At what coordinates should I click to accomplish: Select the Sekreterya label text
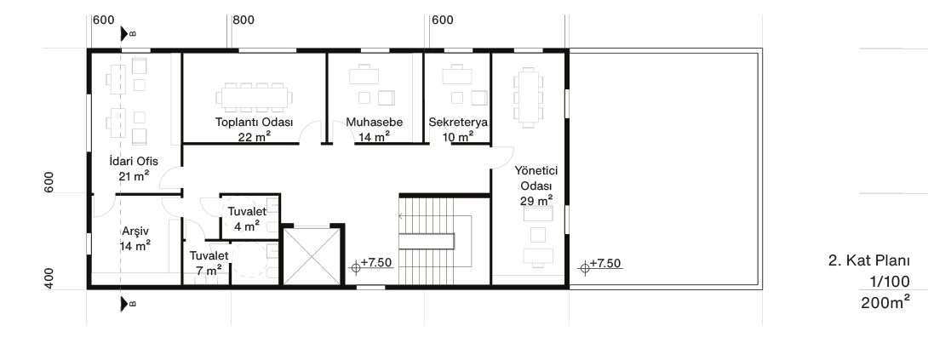click(458, 123)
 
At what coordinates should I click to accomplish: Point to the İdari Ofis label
click(134, 161)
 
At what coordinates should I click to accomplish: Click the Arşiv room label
click(135, 231)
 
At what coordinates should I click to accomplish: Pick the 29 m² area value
click(536, 201)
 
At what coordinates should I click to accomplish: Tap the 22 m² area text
click(255, 136)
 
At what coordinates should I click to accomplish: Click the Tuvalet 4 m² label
click(247, 219)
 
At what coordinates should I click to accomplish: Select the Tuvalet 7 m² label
click(209, 263)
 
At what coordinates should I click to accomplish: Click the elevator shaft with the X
click(312, 256)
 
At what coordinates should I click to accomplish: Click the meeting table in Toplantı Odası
click(254, 98)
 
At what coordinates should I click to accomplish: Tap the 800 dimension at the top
click(243, 20)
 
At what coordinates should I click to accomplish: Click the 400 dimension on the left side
click(49, 278)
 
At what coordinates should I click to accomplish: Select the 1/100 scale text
click(890, 281)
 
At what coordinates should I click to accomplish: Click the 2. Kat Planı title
click(868, 260)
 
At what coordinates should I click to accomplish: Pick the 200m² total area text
click(885, 303)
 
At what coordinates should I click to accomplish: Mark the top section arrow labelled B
click(124, 34)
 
